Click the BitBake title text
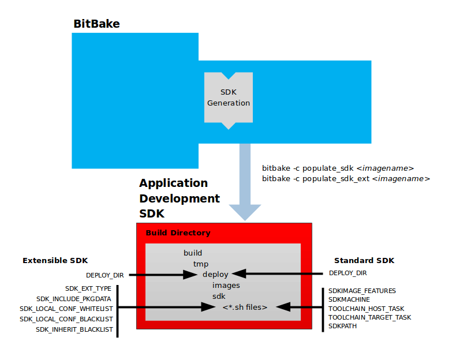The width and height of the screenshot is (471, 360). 96,24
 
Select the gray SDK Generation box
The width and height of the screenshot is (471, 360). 229,98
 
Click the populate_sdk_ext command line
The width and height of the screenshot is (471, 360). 346,179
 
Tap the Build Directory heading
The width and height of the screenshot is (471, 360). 178,233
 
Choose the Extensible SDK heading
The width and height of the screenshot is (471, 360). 55,261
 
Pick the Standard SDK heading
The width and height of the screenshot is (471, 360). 364,261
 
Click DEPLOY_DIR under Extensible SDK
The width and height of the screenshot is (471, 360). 105,275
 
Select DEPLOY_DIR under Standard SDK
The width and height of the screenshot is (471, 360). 347,273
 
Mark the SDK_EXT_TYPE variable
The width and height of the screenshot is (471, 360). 88,288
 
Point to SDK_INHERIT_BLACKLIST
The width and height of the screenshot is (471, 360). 74,329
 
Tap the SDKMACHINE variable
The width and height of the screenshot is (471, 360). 349,299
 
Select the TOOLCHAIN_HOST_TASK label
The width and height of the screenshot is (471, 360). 367,309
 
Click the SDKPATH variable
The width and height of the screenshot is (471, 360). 342,326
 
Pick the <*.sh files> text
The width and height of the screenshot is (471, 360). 245,307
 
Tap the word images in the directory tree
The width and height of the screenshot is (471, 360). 226,285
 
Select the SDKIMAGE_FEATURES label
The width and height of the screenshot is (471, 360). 362,291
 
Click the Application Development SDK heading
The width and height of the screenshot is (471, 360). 180,198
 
